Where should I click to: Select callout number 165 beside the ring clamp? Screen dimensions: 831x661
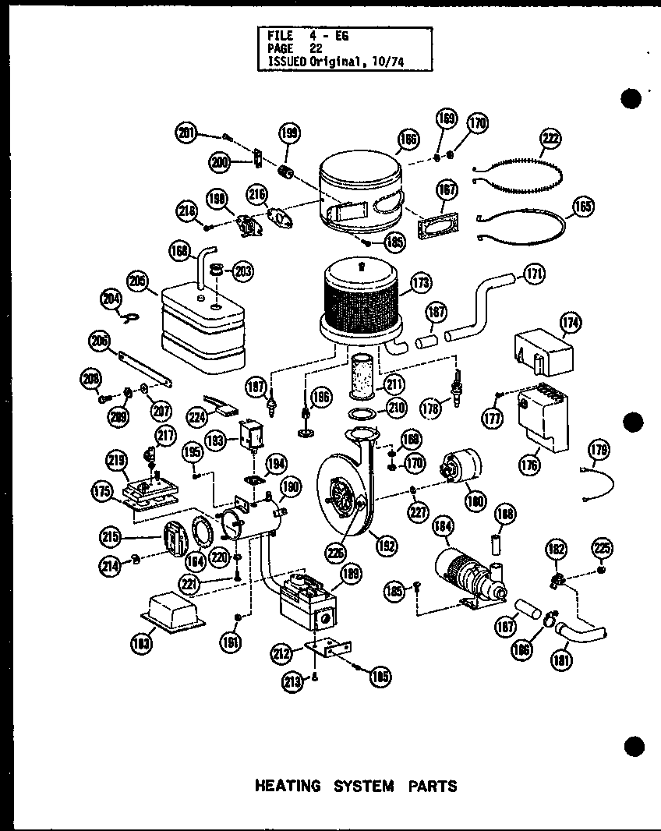[582, 207]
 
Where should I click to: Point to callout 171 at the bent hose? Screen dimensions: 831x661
[535, 274]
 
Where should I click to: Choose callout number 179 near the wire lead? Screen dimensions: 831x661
[599, 450]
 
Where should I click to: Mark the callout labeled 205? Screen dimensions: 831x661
[138, 281]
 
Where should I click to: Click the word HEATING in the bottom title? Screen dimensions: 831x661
[287, 786]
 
